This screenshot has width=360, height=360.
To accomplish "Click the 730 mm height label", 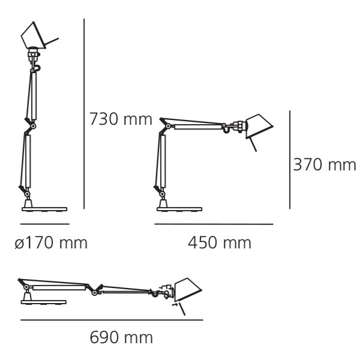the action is click(121, 119).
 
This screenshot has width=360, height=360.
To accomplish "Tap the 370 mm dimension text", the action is click(325, 164).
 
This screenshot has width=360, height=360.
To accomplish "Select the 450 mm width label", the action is click(220, 242).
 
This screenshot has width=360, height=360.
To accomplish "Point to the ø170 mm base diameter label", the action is click(51, 242).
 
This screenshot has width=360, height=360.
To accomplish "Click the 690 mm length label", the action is click(121, 337).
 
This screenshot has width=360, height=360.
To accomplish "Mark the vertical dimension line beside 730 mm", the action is click(84, 114).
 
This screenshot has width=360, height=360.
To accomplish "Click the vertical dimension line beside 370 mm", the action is click(290, 160).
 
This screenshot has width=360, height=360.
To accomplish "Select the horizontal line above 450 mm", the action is click(214, 224).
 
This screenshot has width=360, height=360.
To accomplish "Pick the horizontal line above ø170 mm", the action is click(45, 224).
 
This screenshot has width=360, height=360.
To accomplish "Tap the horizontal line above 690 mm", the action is click(112, 320).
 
